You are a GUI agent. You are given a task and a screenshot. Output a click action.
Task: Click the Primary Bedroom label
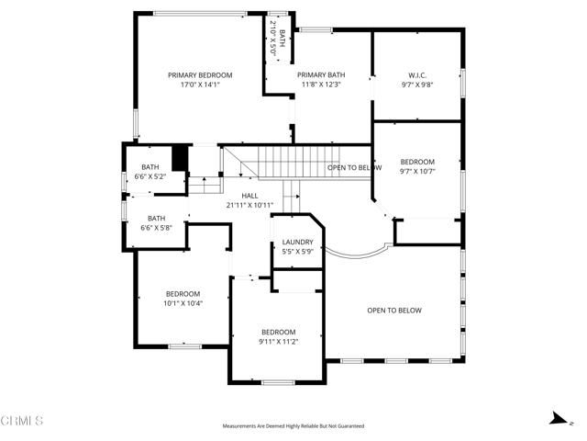coord(200,74)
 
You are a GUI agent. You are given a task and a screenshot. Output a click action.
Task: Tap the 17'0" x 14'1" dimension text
coord(200,84)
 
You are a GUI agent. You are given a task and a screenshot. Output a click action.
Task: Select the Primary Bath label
coord(321,74)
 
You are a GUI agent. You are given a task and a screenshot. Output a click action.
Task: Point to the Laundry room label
coord(297,243)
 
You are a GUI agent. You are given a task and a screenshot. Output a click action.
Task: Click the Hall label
coord(249,196)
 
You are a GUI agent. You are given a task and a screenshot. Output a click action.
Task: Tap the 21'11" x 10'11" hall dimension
coord(249,205)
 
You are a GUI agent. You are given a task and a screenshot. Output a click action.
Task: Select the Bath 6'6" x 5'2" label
coord(150,171)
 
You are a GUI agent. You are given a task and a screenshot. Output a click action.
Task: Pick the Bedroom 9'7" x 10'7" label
coord(416,165)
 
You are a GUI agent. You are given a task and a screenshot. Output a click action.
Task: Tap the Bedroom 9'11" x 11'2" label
coord(278,336)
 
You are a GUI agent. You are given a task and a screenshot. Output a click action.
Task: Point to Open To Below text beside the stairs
coord(355,167)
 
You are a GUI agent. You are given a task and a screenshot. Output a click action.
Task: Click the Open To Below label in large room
coord(394,311)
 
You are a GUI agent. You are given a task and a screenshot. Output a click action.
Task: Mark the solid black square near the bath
coord(180,158)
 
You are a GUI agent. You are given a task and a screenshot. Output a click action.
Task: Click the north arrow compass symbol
coord(554,418)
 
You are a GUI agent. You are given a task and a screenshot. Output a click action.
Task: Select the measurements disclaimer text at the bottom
coord(293,426)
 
